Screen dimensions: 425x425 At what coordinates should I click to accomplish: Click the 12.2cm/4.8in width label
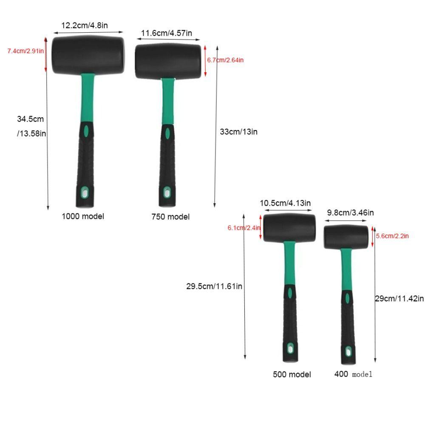pyautogui.click(x=85, y=25)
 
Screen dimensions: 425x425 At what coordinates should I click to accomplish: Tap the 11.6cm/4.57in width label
pyautogui.click(x=167, y=33)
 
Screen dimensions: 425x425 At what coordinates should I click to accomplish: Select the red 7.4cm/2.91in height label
pyautogui.click(x=25, y=51)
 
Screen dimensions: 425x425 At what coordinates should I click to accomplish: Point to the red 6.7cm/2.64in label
pyautogui.click(x=225, y=60)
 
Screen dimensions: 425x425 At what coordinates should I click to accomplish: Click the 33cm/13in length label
pyautogui.click(x=238, y=132)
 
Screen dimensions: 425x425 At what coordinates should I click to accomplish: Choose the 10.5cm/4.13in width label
pyautogui.click(x=285, y=203)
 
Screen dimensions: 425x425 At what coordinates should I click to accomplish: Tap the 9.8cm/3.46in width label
pyautogui.click(x=350, y=212)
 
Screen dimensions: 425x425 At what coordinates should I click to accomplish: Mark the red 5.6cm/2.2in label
pyautogui.click(x=392, y=236)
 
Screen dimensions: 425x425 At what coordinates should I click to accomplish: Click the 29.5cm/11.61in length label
pyautogui.click(x=214, y=286)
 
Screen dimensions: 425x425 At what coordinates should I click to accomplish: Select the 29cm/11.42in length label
pyautogui.click(x=399, y=298)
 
